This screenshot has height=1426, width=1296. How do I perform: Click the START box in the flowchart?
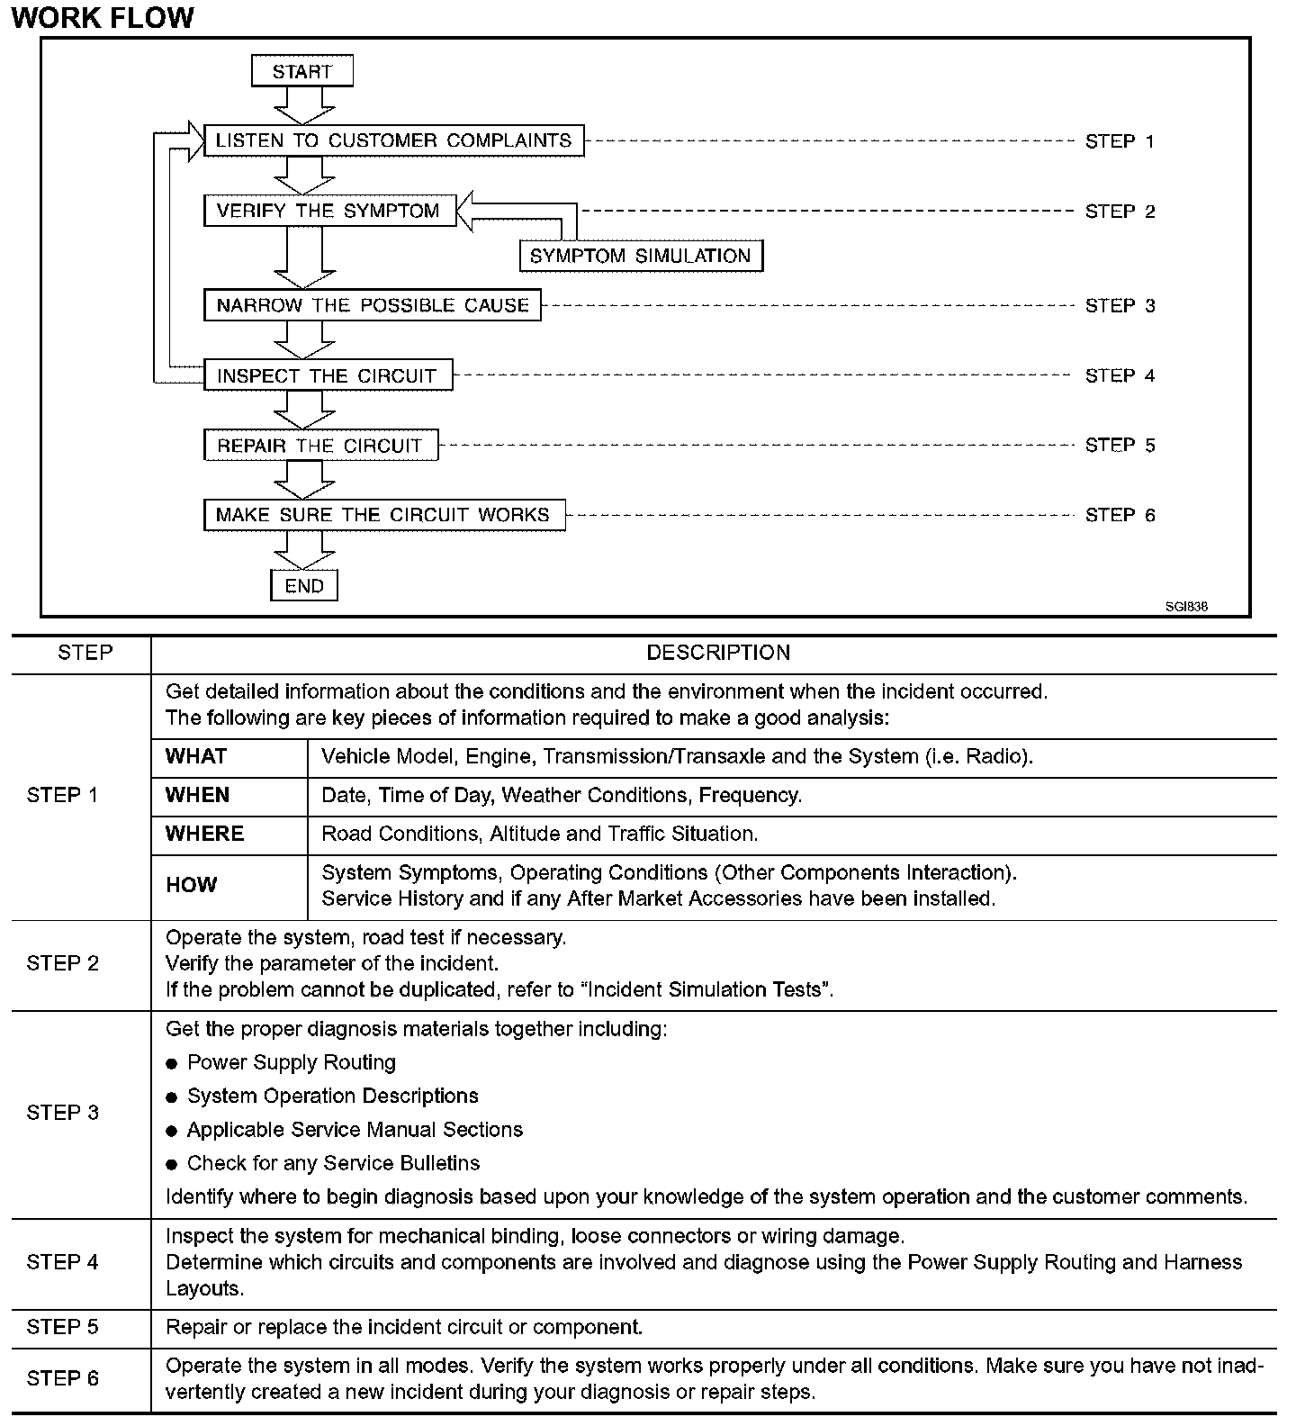click(x=302, y=71)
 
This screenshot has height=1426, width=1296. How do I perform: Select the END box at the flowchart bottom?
click(x=304, y=586)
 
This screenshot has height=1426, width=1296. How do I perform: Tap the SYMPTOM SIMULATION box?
click(x=641, y=256)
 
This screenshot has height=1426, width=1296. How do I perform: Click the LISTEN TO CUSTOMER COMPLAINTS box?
click(x=393, y=140)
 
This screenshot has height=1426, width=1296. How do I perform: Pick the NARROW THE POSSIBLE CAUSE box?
click(x=373, y=305)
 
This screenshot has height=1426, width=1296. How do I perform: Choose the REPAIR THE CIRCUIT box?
click(x=320, y=446)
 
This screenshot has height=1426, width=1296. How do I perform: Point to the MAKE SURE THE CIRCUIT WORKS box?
click(x=383, y=515)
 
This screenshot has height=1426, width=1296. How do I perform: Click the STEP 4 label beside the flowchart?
click(x=1120, y=375)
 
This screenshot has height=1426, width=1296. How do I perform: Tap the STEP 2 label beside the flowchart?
click(x=1120, y=212)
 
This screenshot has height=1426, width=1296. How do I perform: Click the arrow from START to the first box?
click(x=304, y=105)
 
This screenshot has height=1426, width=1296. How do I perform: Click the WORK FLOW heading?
click(x=103, y=17)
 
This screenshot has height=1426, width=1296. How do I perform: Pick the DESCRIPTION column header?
click(x=718, y=654)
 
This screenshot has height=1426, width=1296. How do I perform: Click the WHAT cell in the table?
click(x=196, y=757)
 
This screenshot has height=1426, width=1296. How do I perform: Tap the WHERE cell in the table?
click(x=204, y=835)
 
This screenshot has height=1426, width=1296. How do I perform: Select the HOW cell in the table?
click(x=192, y=886)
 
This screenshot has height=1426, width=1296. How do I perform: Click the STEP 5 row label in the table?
click(x=63, y=1328)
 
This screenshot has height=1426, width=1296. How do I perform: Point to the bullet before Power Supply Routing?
click(x=172, y=1064)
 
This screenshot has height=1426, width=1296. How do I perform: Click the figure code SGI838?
click(x=1186, y=607)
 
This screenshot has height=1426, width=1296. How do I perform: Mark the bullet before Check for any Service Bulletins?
click(x=172, y=1165)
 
